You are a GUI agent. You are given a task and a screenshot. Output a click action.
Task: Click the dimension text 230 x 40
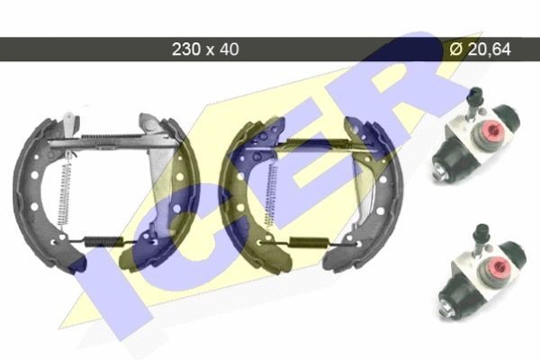[x=205, y=49]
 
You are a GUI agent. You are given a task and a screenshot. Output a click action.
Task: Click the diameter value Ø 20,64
[x=480, y=49]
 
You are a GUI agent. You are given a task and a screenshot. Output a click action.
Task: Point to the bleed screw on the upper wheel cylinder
[x=474, y=103]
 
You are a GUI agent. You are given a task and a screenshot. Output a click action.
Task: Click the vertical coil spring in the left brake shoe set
[x=64, y=192]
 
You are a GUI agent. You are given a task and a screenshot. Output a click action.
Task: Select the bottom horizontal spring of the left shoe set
[x=103, y=242]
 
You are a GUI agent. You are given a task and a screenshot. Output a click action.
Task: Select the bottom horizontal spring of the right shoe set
[x=308, y=242]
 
